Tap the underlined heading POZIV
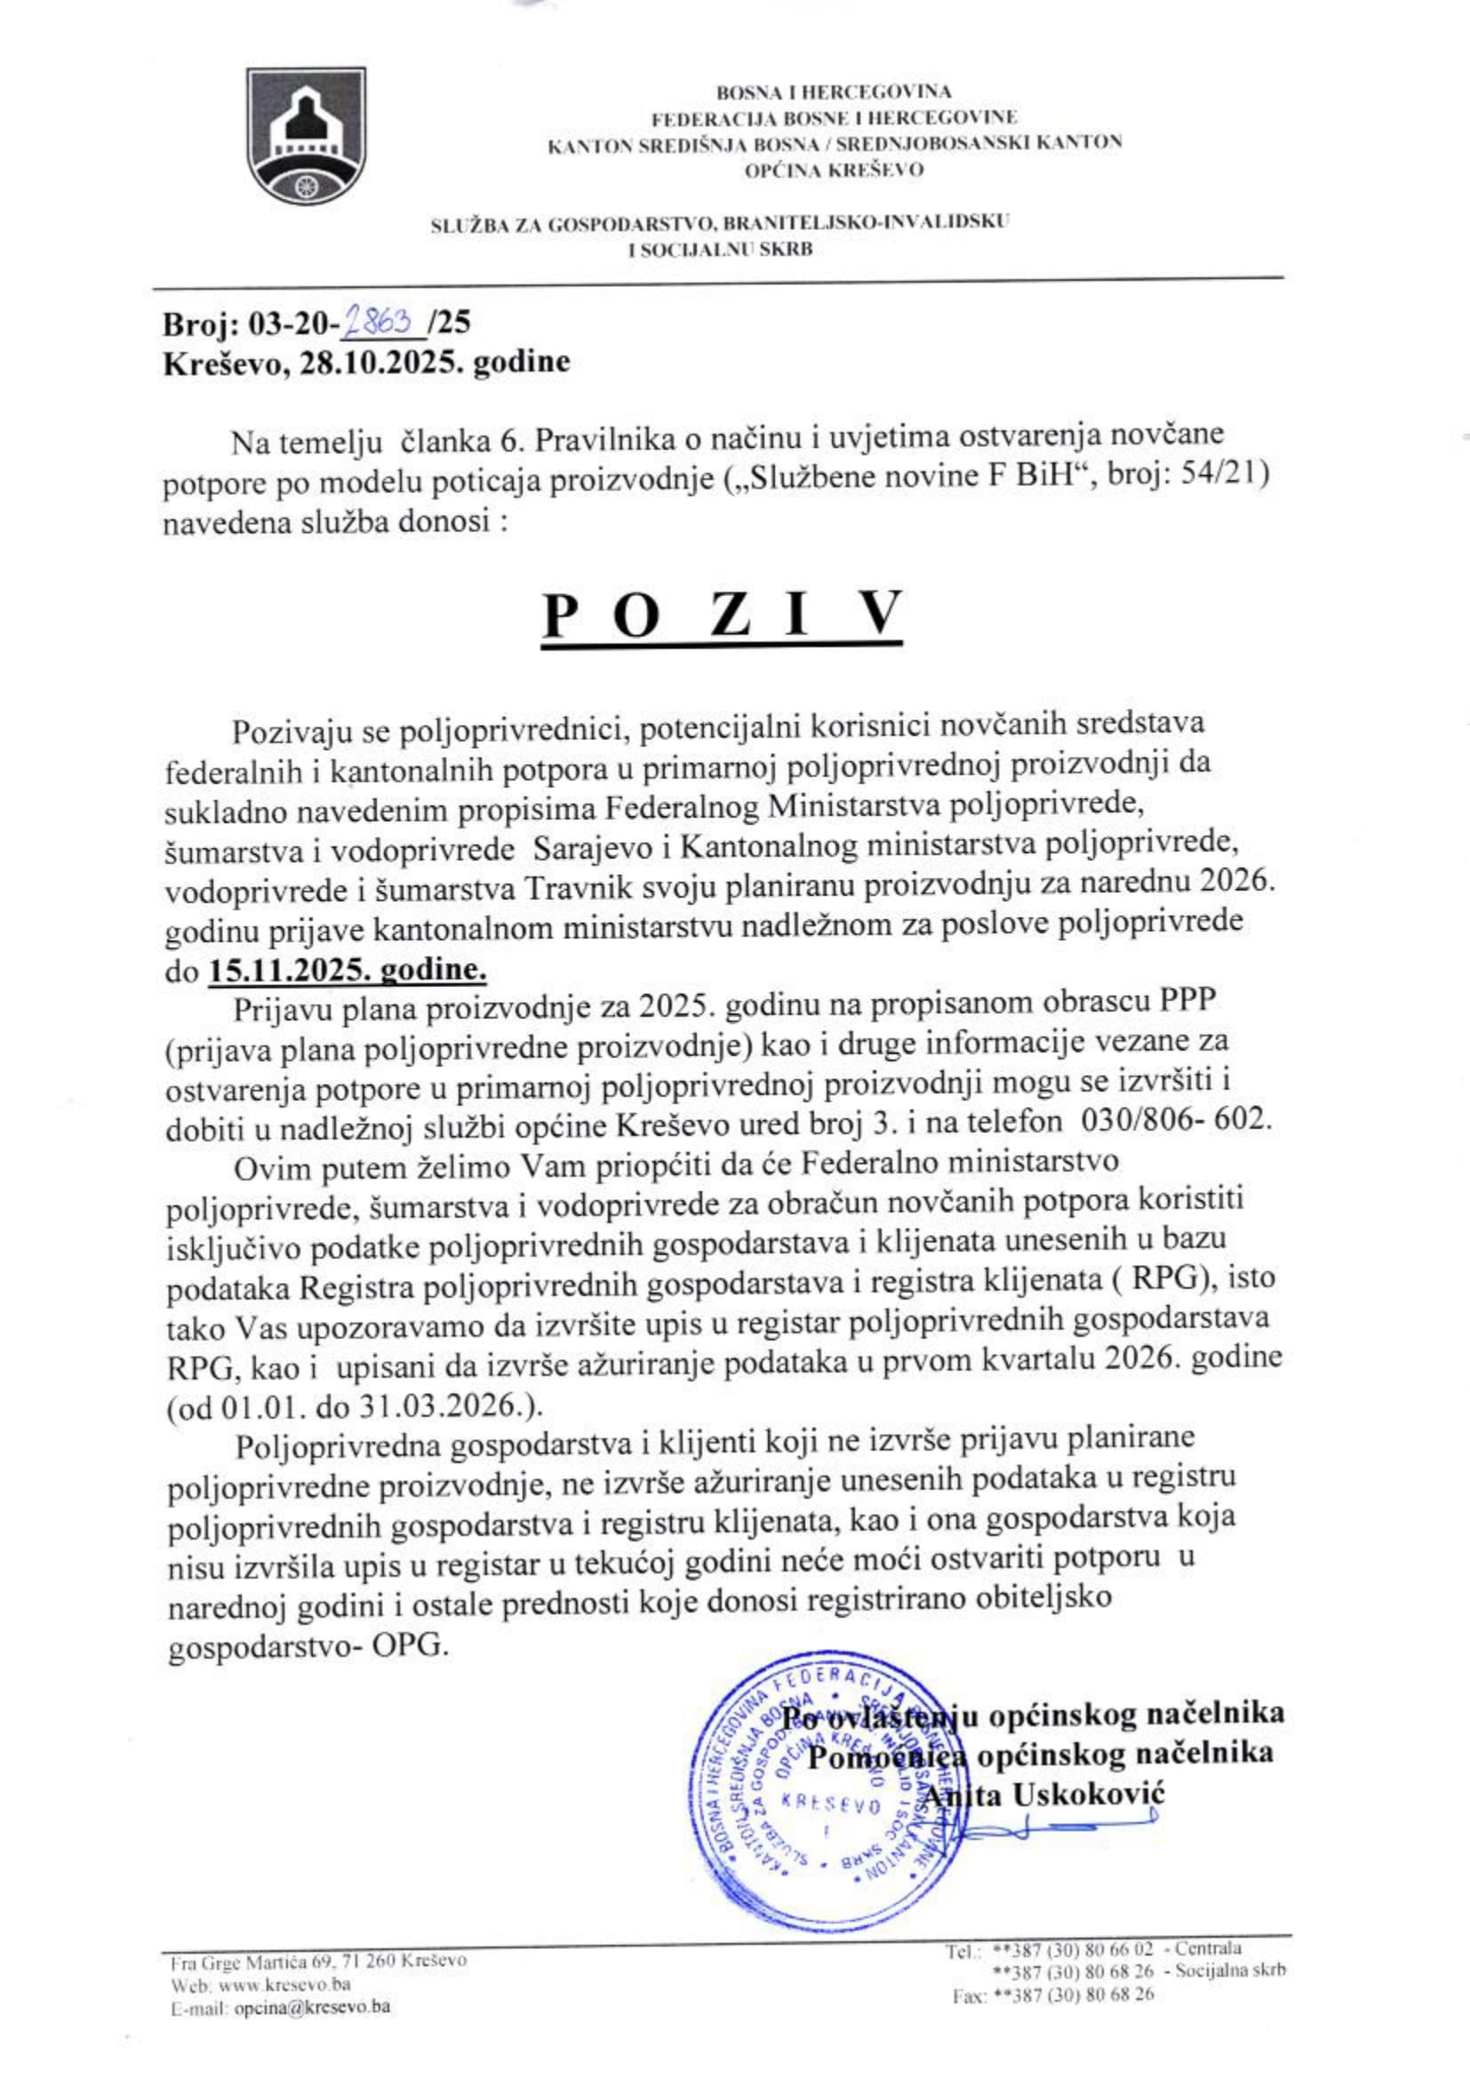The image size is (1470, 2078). [723, 615]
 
